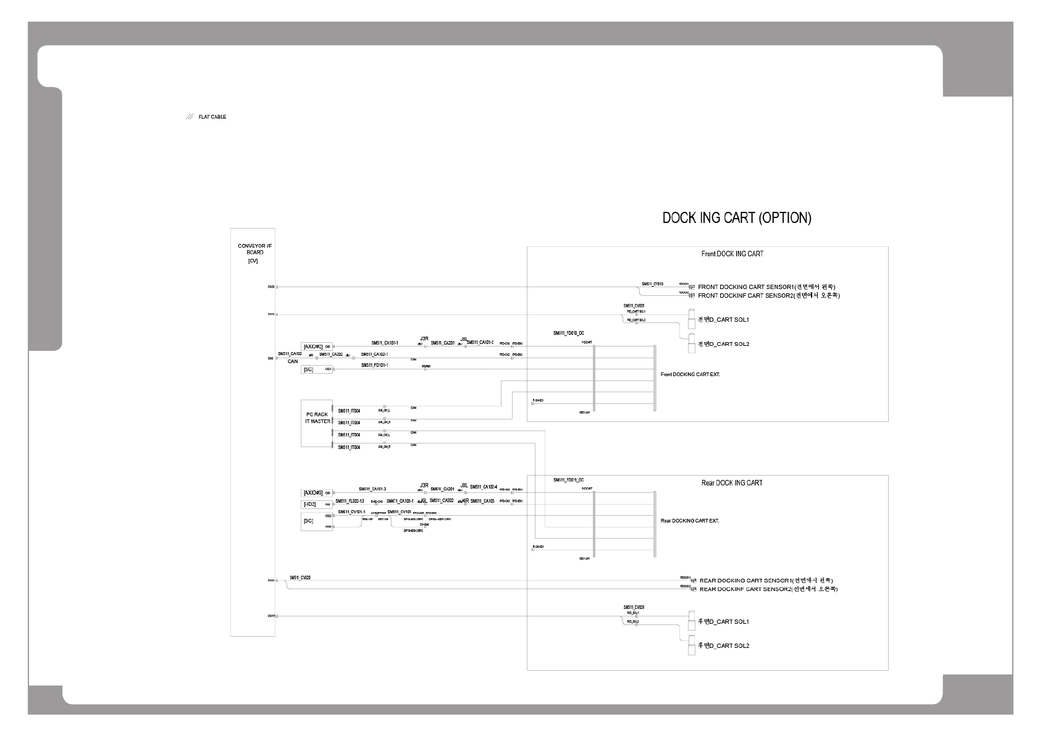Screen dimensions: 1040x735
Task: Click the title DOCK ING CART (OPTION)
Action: [737, 218]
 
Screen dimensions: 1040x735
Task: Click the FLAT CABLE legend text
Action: [212, 117]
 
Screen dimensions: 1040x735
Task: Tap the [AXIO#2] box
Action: [313, 346]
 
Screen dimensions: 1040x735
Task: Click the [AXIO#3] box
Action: [313, 493]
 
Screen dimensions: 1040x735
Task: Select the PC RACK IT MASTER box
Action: [317, 422]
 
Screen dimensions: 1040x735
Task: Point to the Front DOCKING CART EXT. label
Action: [690, 375]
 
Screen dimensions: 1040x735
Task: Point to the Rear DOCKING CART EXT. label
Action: [689, 521]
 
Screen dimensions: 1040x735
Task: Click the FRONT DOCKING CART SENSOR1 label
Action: [766, 287]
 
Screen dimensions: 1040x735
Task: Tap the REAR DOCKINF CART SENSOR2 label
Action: [768, 589]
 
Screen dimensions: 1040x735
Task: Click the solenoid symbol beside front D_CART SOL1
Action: [692, 319]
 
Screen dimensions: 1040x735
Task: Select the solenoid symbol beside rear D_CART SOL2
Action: [692, 646]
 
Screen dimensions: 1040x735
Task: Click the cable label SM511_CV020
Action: [300, 577]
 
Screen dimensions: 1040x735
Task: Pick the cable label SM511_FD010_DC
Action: [569, 333]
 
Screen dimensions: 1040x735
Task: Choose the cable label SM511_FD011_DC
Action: [569, 480]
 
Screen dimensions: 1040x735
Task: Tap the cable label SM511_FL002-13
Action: [350, 501]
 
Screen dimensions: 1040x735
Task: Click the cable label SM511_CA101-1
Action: [385, 343]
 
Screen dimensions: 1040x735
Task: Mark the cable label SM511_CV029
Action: [634, 607]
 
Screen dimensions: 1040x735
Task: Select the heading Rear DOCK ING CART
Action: [732, 483]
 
